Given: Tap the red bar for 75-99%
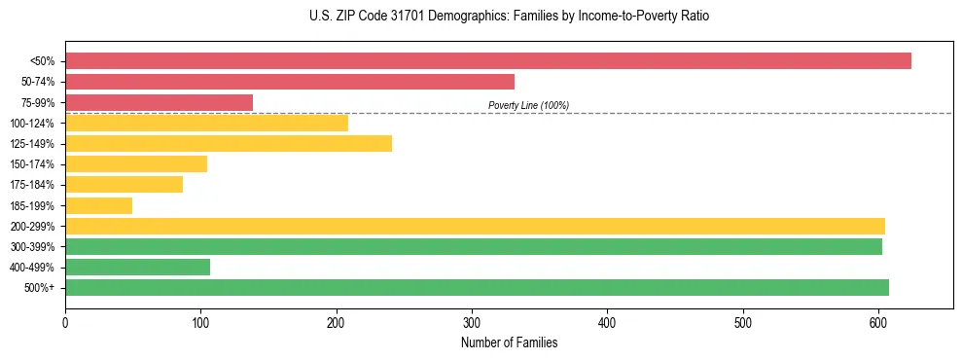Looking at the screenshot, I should [x=159, y=102].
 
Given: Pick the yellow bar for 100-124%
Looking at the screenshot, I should [x=206, y=123].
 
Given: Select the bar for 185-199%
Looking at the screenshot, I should [x=98, y=205].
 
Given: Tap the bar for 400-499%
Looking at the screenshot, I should [x=137, y=268].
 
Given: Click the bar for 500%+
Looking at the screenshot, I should [x=477, y=288].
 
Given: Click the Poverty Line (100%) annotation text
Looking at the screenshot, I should [x=528, y=105].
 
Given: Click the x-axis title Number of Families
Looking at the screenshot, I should [x=510, y=342].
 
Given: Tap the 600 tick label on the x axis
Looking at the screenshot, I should [x=878, y=321].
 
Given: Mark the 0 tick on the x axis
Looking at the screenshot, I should [x=65, y=321].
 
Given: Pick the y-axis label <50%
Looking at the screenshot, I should [x=42, y=61].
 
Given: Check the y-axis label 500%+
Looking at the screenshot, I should [x=39, y=288].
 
